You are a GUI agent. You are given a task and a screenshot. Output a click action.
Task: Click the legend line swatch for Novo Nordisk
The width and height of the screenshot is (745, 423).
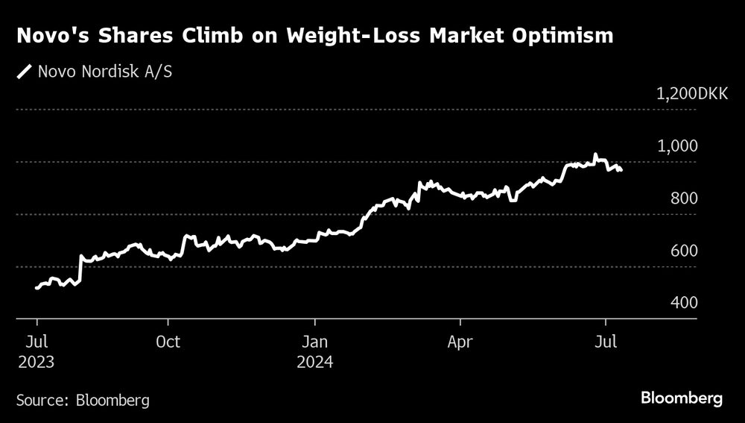click(x=25, y=72)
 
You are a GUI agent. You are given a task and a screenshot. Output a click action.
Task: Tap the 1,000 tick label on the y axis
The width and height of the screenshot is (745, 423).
click(x=676, y=145)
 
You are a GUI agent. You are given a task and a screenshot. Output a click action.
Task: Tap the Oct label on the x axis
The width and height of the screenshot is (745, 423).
click(x=168, y=342)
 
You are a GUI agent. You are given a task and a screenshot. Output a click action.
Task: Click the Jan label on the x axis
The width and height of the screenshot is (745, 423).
click(x=314, y=342)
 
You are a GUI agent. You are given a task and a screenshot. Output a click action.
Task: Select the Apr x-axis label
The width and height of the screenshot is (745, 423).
click(x=460, y=342)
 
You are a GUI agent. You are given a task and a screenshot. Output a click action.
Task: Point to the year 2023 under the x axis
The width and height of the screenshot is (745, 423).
click(x=37, y=363)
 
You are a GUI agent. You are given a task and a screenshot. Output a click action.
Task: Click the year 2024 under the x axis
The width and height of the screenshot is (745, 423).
click(x=314, y=363)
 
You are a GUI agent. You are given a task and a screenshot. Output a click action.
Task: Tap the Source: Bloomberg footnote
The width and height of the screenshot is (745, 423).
click(x=83, y=401)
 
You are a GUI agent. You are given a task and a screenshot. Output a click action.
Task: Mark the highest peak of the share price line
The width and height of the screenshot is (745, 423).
click(x=595, y=154)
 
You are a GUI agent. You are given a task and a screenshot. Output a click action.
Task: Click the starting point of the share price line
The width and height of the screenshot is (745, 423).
click(x=37, y=288)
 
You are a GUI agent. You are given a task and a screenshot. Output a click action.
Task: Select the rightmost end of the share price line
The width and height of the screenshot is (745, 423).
click(x=621, y=171)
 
